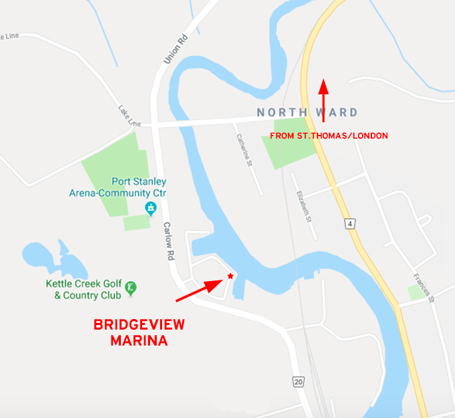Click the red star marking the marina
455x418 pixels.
click(230, 275)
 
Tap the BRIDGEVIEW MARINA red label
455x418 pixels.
click(139, 332)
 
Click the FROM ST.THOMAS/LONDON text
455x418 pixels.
click(329, 136)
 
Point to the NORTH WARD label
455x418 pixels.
click(307, 112)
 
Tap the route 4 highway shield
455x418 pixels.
click(349, 224)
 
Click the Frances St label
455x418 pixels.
click(422, 288)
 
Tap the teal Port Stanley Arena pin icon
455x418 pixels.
click(151, 209)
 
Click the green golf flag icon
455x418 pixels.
click(132, 287)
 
